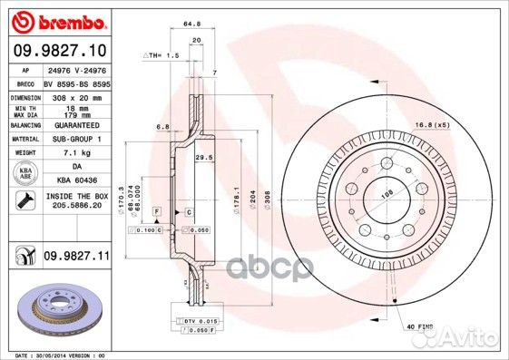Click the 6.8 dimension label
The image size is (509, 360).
click(162, 126)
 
